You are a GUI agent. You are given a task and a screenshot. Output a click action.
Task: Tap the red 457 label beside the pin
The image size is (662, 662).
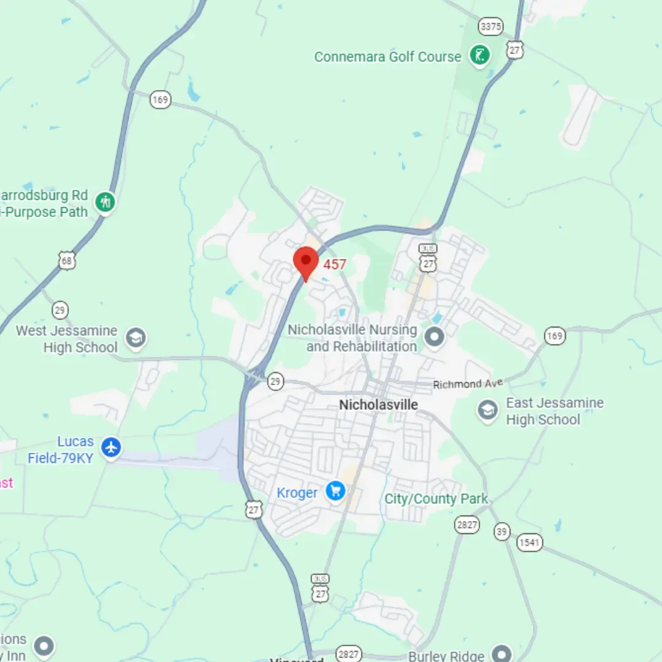click(x=335, y=264)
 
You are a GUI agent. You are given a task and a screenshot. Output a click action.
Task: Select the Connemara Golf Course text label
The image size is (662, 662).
click(x=387, y=57)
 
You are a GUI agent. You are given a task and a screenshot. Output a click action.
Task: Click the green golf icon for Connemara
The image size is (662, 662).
click(x=480, y=56)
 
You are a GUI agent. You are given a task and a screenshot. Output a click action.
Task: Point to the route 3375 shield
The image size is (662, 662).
click(x=491, y=27)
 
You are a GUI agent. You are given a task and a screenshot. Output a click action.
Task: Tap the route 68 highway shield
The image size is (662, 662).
click(x=67, y=260)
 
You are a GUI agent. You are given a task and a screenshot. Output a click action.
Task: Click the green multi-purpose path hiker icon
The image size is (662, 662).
click(x=105, y=202)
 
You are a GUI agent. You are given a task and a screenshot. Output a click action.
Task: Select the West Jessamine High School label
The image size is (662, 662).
click(x=66, y=339)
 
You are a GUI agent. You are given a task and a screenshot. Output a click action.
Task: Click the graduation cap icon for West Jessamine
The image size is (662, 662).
click(x=135, y=338)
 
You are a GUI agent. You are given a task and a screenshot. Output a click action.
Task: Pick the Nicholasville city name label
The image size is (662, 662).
click(x=378, y=405)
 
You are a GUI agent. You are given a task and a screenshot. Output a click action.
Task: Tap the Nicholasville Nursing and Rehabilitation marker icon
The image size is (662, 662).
click(x=435, y=337)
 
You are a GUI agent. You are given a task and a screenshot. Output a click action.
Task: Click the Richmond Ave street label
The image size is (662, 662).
click(x=468, y=384)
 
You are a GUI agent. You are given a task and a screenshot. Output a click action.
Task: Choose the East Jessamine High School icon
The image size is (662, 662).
click(x=488, y=411)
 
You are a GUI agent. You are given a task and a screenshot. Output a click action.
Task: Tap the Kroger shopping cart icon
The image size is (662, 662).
click(x=335, y=490)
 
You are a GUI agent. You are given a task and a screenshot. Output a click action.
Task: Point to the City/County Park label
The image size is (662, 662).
click(x=436, y=499)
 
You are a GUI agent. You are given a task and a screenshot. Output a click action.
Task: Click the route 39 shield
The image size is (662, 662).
click(x=502, y=531)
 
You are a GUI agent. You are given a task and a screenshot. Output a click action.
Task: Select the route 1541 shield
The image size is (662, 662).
click(x=530, y=542)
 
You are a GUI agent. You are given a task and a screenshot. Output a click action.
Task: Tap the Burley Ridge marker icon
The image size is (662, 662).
click(x=502, y=653)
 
